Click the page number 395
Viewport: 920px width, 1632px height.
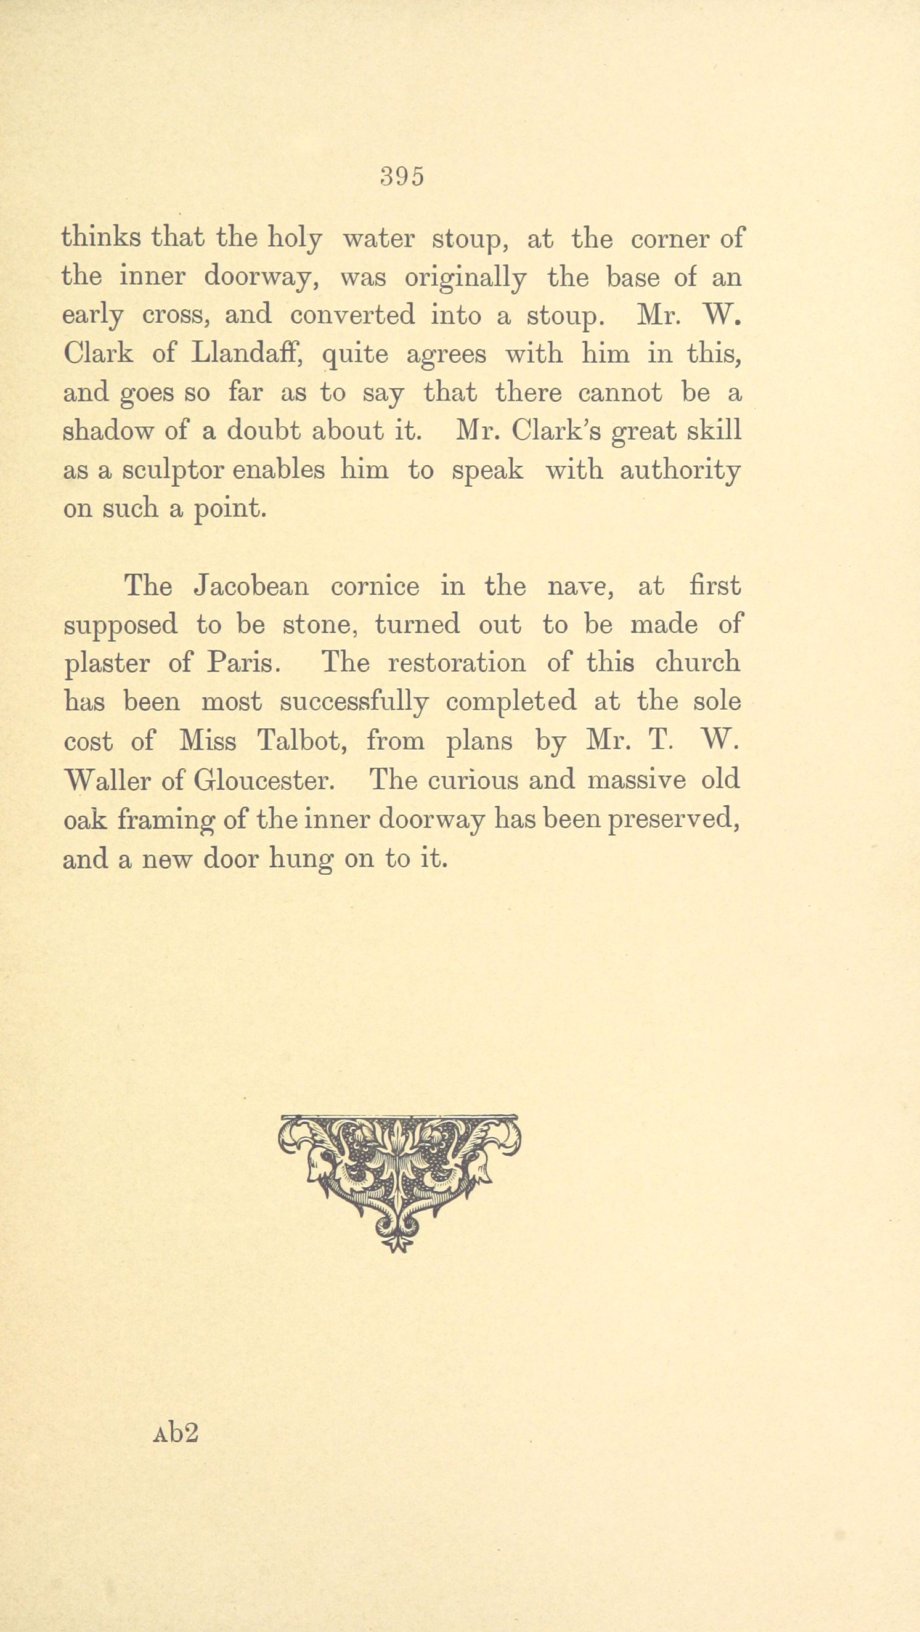click(x=402, y=177)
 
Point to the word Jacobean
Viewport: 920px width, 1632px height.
click(x=251, y=586)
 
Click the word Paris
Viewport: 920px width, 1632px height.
click(x=242, y=664)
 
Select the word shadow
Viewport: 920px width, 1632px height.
click(x=108, y=431)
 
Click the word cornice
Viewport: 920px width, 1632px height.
click(x=375, y=586)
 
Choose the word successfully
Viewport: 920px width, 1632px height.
click(x=354, y=702)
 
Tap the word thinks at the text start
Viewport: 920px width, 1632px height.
click(x=102, y=239)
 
